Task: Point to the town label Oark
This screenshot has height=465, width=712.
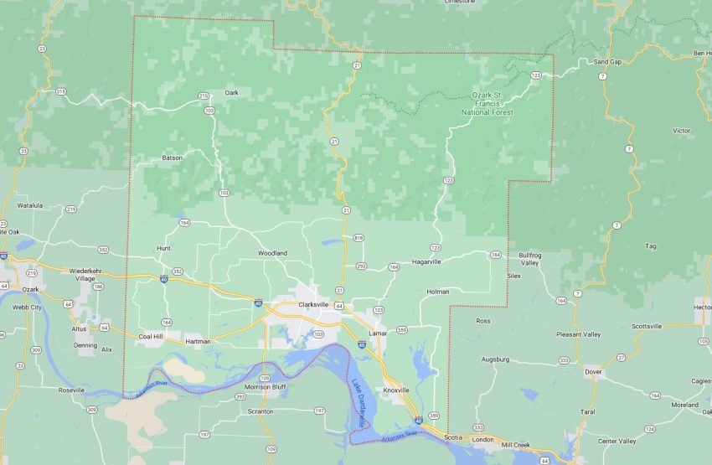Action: [x=231, y=93]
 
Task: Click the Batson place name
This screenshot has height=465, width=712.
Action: [x=172, y=158]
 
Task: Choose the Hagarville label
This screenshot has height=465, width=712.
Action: [x=426, y=261]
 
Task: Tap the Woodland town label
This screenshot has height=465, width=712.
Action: [x=272, y=253]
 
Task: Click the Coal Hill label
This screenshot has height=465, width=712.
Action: [x=151, y=337]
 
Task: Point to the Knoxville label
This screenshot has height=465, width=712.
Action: [x=396, y=390]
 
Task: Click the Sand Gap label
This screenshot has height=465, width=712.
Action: [x=607, y=62]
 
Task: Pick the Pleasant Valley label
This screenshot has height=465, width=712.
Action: [x=579, y=334]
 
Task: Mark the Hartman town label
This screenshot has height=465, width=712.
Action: [x=198, y=341]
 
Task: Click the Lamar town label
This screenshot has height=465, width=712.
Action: [x=379, y=333]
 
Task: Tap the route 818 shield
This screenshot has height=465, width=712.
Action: [x=359, y=239]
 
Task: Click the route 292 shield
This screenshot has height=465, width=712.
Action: [x=362, y=266]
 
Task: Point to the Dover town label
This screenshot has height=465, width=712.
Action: [x=593, y=370]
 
